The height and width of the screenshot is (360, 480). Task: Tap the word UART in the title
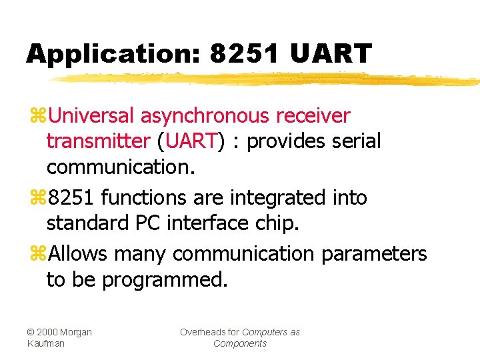point(331,53)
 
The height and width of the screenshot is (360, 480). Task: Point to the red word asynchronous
point(204,116)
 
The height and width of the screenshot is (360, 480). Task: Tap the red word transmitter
point(98,141)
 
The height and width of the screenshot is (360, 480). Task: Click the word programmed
point(165,280)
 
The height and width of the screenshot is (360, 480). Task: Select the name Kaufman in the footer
point(46,343)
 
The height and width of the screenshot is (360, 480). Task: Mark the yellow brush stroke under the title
point(267,79)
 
